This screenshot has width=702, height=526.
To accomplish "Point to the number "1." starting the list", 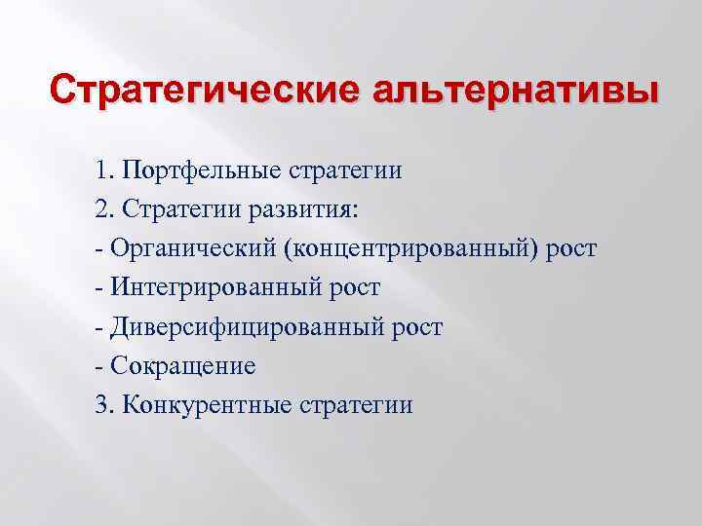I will point(104,171).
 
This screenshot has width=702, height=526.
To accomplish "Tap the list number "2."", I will point(104,210).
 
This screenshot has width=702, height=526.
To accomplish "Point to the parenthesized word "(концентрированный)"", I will point(409,249).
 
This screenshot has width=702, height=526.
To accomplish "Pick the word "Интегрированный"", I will point(208,288).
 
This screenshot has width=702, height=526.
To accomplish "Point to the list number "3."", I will point(104,405).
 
